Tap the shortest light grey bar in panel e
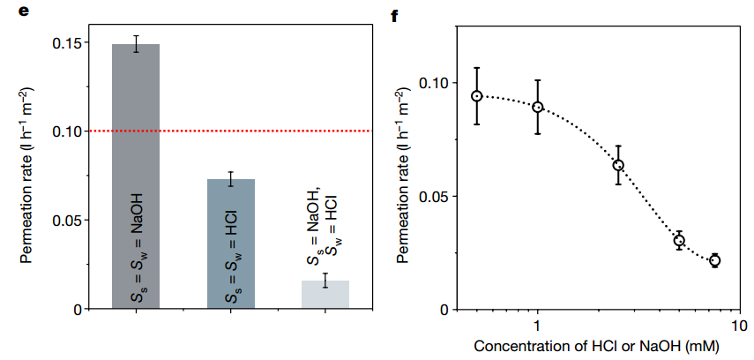325,295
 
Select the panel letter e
11,11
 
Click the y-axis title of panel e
26,176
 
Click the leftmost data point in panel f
476,96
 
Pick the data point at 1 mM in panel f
537,108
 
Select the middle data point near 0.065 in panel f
618,165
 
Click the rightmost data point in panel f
714,260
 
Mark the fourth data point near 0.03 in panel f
679,240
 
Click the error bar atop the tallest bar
136,44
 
